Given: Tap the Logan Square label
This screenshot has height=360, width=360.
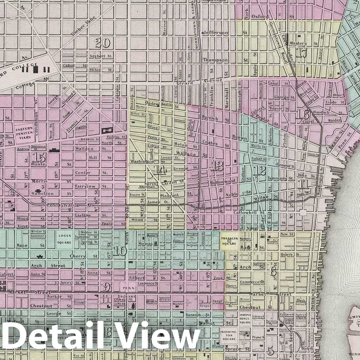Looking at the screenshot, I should [64, 239].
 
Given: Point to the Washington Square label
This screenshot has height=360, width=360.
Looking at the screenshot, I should [229, 335].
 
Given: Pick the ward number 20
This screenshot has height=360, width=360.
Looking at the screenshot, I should [103, 43].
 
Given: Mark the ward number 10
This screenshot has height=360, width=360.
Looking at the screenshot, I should [120, 251].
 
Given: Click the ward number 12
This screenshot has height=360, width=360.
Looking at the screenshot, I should [260, 171].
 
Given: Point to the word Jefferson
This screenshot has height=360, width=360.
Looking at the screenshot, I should [215, 33].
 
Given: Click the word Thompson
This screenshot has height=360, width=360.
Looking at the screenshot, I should [215, 60].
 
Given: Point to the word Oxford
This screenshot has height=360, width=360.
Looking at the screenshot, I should [260, 17].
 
